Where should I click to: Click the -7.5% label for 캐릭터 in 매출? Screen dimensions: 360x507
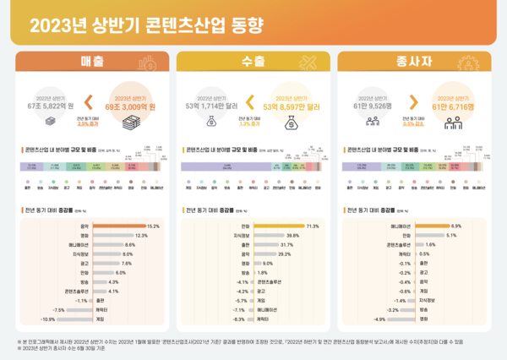[x=58, y=310]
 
